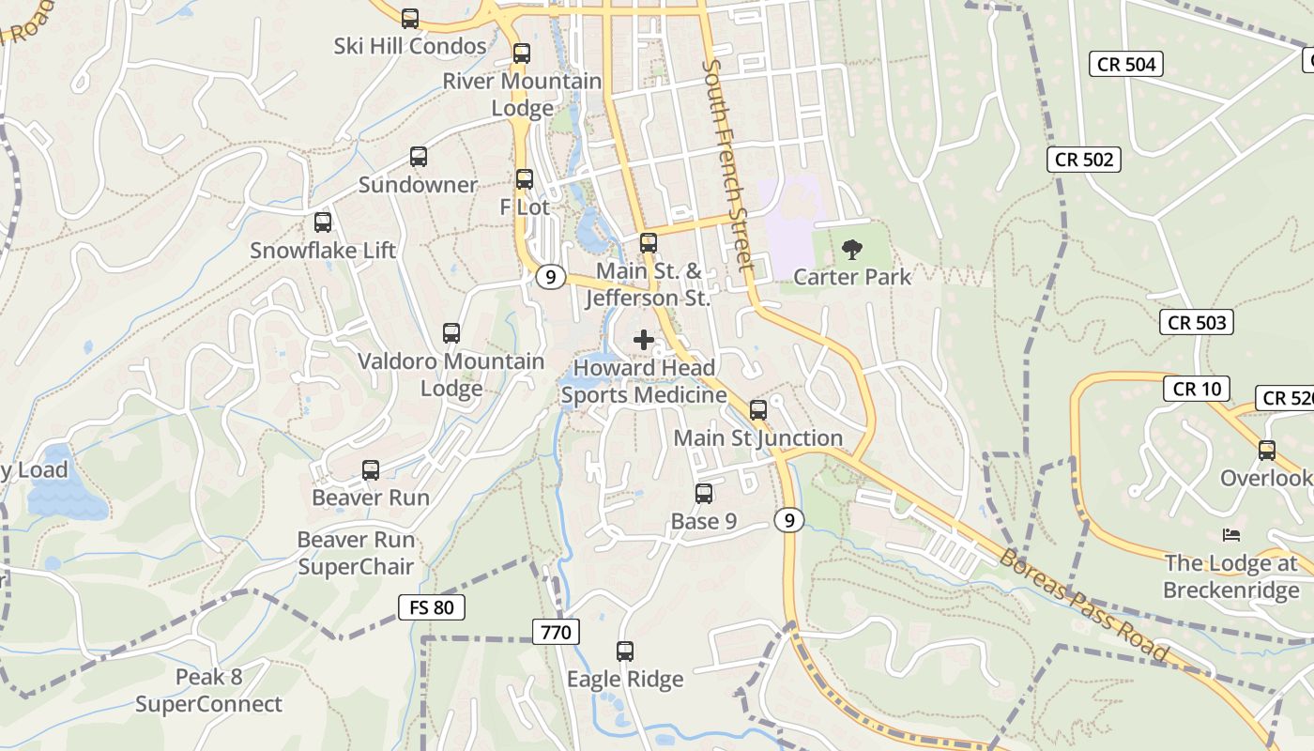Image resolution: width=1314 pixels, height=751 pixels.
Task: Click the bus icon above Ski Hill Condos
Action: click(x=410, y=18)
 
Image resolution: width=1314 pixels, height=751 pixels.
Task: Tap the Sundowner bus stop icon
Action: click(x=419, y=157)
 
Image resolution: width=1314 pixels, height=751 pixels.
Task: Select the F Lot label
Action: click(x=525, y=207)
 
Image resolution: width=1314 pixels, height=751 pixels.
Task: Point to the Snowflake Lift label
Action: click(x=323, y=251)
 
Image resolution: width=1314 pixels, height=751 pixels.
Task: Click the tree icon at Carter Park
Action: click(x=852, y=250)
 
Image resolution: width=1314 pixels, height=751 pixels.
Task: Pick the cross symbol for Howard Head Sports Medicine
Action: click(x=644, y=340)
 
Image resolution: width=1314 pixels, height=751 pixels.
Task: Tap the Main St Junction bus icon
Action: click(x=758, y=410)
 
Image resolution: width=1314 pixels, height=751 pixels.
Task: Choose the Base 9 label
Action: click(x=704, y=521)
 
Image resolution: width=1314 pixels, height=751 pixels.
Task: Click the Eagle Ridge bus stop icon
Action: click(x=625, y=651)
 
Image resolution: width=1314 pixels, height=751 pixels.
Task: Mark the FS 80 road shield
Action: click(x=432, y=607)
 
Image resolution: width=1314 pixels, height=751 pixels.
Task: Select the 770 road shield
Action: click(x=556, y=633)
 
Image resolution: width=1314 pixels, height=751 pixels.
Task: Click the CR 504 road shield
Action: click(x=1126, y=64)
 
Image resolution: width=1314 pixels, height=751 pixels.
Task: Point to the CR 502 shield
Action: click(x=1084, y=160)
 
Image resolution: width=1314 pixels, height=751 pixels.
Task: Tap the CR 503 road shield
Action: click(x=1196, y=323)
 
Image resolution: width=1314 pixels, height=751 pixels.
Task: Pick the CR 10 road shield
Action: click(x=1197, y=389)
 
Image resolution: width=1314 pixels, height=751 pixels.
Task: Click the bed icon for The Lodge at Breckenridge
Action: click(x=1231, y=535)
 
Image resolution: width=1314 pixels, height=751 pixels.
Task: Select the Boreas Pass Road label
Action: click(x=1084, y=606)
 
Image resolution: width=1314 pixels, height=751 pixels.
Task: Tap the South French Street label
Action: click(x=728, y=165)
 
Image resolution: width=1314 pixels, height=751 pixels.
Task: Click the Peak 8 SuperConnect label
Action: click(x=208, y=691)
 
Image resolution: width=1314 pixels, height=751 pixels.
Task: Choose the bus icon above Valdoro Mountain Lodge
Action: click(x=451, y=333)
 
